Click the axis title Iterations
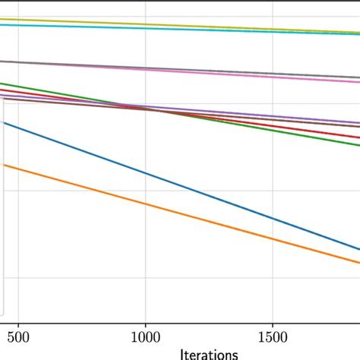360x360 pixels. (x=209, y=353)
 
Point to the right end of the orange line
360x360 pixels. (x=357, y=262)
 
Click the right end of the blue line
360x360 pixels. (x=357, y=248)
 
